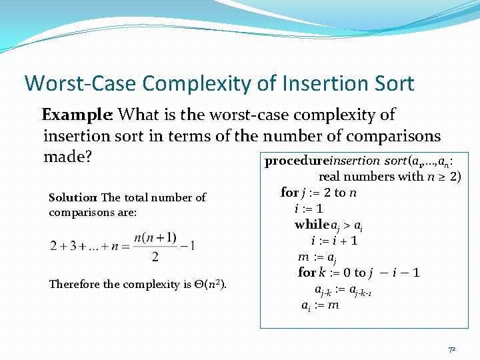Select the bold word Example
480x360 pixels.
(78, 115)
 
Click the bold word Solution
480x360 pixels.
(73, 197)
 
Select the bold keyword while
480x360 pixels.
(312, 225)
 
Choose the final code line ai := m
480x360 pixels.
(320, 305)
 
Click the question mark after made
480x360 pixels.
(87, 157)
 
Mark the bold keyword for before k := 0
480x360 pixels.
(307, 273)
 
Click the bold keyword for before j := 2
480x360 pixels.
(289, 193)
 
